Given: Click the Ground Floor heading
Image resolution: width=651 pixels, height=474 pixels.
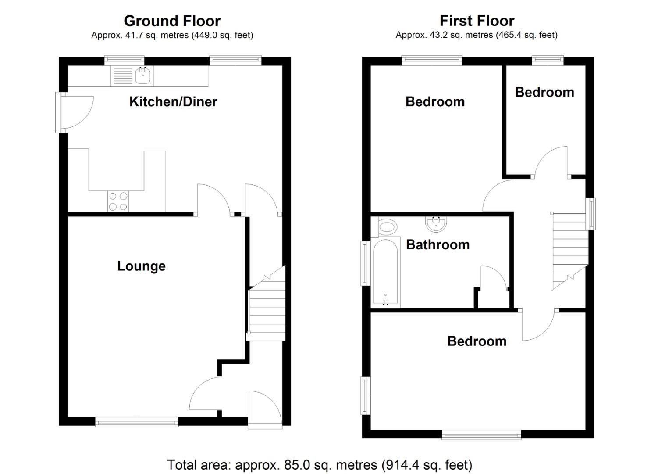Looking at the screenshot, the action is pyautogui.click(x=172, y=21).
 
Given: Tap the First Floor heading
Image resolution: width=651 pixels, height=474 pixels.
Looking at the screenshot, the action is pyautogui.click(x=477, y=21).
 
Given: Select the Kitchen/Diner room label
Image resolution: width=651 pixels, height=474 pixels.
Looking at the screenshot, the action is pyautogui.click(x=173, y=101).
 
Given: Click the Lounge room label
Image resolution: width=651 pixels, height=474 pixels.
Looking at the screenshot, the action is pyautogui.click(x=141, y=266).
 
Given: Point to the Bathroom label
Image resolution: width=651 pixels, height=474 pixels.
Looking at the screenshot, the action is pyautogui.click(x=438, y=245).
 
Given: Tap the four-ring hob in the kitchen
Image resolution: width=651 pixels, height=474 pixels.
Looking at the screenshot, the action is pyautogui.click(x=118, y=201).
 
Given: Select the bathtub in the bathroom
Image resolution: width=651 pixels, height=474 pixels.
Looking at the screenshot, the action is pyautogui.click(x=385, y=273).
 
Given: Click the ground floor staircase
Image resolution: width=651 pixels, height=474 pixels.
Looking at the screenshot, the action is pyautogui.click(x=266, y=303).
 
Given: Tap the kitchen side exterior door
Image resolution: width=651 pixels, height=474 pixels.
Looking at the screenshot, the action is pyautogui.click(x=74, y=112).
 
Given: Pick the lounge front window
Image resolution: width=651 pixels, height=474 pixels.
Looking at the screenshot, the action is pyautogui.click(x=137, y=422).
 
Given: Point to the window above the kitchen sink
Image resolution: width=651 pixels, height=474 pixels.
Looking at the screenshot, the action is pyautogui.click(x=125, y=61).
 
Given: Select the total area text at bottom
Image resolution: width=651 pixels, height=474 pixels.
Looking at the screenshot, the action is pyautogui.click(x=320, y=465).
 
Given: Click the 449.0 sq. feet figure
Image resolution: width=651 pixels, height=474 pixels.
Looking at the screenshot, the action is pyautogui.click(x=222, y=35).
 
